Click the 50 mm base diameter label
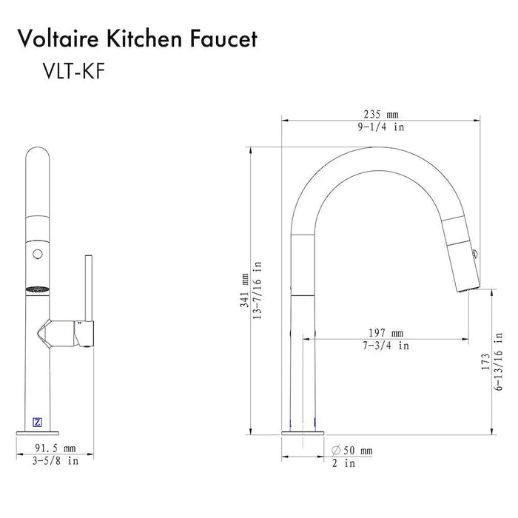356,451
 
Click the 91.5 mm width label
55,448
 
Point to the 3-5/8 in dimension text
55,461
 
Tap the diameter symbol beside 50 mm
335,451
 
